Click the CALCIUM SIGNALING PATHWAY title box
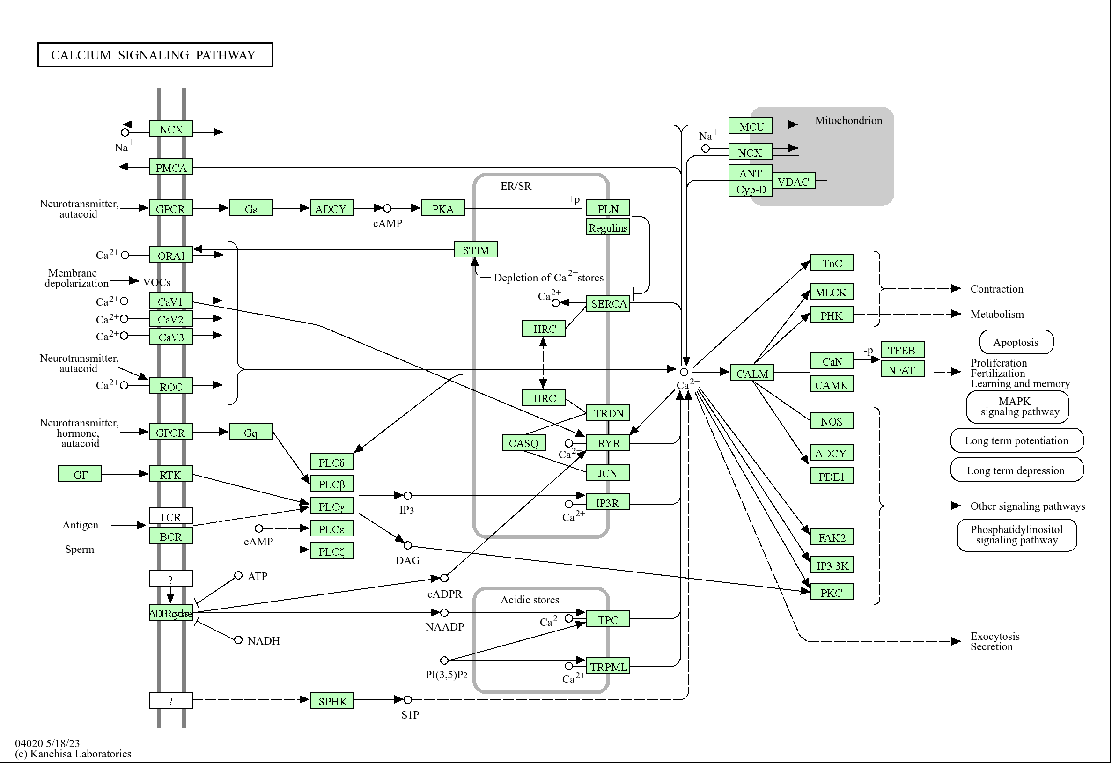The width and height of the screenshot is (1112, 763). (155, 55)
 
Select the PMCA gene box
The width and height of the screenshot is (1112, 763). (171, 168)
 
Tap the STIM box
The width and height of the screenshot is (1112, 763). (476, 249)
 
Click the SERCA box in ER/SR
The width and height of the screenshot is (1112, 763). (608, 304)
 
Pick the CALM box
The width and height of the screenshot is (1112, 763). (751, 374)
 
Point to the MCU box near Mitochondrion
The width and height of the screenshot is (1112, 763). (750, 126)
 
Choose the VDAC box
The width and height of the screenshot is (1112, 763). (793, 182)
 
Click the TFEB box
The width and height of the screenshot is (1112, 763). (902, 350)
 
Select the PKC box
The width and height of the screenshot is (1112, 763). (831, 593)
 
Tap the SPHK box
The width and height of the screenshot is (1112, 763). (332, 701)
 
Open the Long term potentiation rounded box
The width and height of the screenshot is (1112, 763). (1016, 440)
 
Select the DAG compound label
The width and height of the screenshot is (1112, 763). (407, 560)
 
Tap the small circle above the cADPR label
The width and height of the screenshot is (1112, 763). (444, 579)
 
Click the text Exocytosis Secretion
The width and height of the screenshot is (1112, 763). (994, 641)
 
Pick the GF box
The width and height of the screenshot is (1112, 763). (80, 475)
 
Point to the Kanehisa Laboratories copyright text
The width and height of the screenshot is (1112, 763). (73, 754)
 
